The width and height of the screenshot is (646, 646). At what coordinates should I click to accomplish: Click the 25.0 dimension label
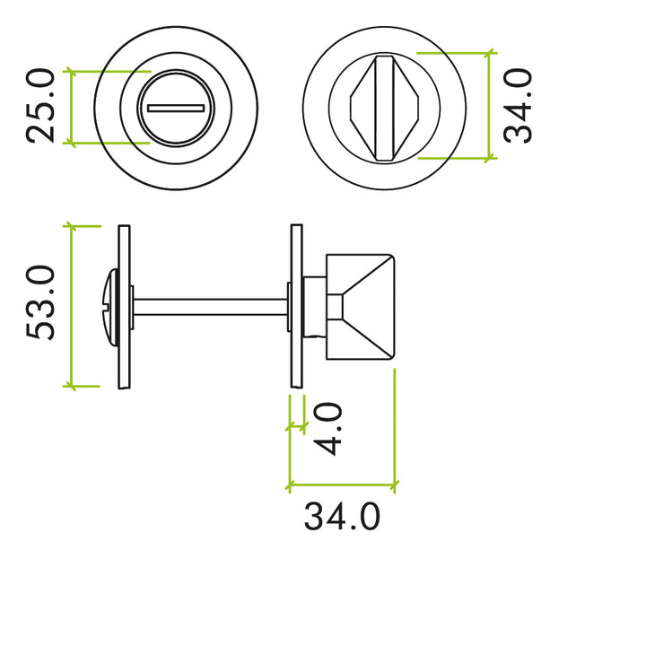tap(41, 107)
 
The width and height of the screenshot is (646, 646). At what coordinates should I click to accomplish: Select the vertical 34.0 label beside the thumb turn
tap(518, 107)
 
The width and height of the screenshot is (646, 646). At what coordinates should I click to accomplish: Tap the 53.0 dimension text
tap(41, 303)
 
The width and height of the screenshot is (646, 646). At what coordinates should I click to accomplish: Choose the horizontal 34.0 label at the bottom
tap(341, 517)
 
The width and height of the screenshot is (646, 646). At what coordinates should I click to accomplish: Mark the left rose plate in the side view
tap(125, 306)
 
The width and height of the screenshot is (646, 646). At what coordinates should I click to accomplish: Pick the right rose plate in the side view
tap(295, 306)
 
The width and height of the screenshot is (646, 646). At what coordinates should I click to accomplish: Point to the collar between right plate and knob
tap(313, 306)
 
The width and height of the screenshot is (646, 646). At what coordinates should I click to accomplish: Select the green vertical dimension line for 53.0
tap(72, 306)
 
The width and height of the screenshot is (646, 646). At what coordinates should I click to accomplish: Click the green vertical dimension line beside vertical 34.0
tap(489, 105)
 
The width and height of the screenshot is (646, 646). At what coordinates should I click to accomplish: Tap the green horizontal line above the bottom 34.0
tap(341, 488)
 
